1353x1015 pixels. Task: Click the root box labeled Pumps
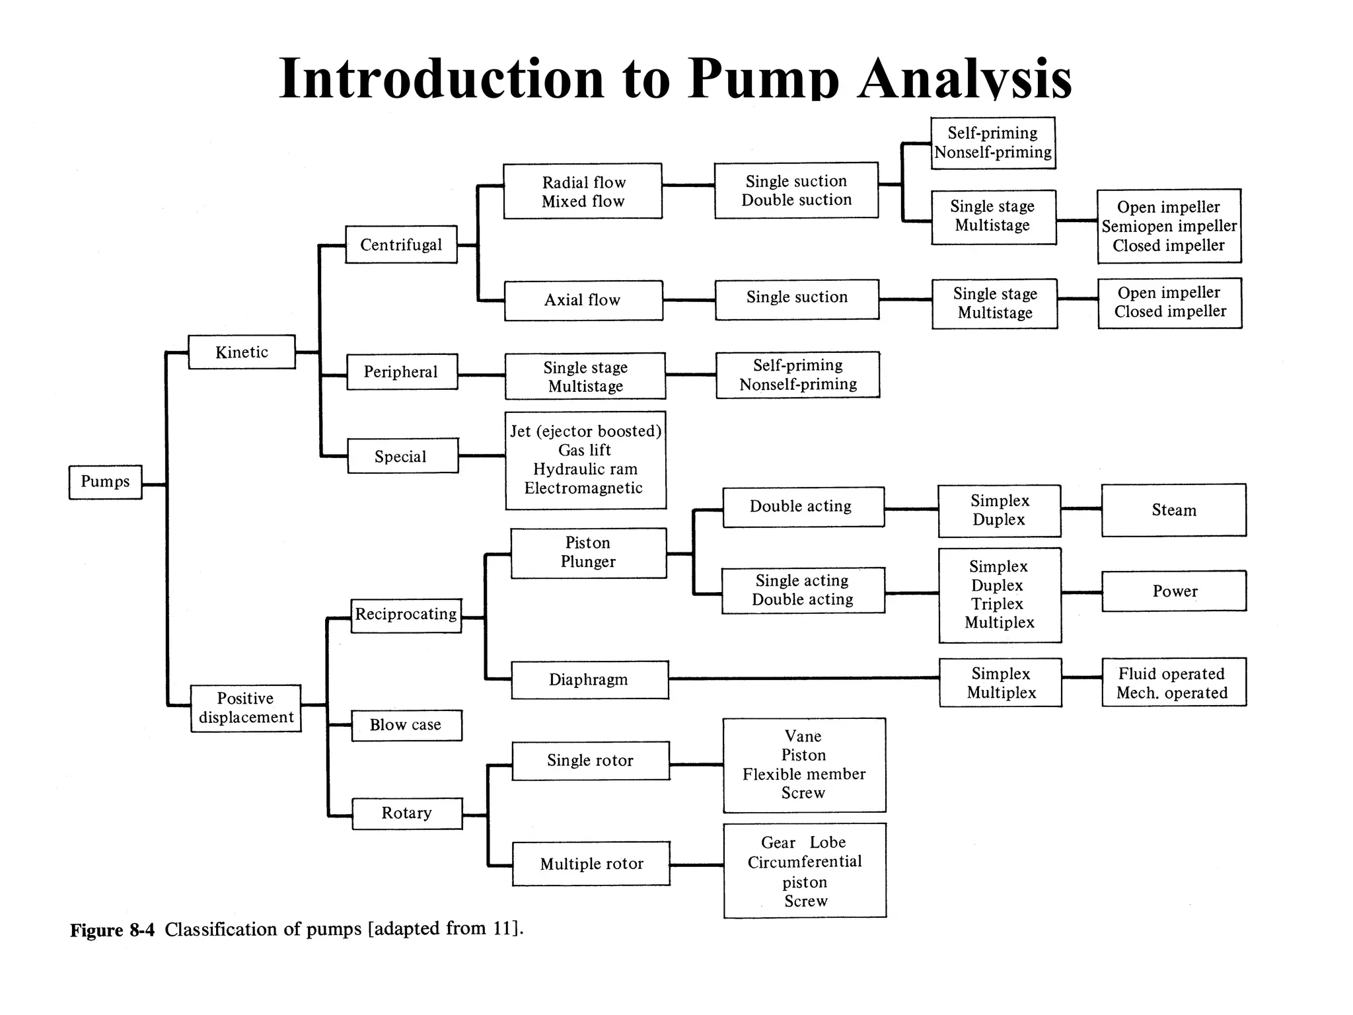[105, 482]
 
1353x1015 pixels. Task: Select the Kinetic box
[242, 352]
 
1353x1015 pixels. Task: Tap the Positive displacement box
[246, 708]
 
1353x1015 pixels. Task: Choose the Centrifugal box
[401, 244]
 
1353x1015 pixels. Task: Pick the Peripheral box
[401, 372]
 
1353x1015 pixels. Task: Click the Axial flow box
[583, 300]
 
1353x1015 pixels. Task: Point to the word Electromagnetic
[583, 488]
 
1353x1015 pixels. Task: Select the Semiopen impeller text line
[1169, 226]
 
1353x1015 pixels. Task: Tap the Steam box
[1174, 510]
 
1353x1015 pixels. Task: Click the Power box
[1174, 591]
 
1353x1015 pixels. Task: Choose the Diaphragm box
[589, 679]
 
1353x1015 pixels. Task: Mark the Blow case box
[406, 725]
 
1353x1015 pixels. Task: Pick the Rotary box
[406, 813]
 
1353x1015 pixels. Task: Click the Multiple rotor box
[591, 864]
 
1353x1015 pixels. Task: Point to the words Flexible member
[804, 774]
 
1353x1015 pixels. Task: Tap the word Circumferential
[805, 862]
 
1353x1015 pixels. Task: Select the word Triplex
[997, 604]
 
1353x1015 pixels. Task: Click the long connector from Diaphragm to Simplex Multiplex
[803, 678]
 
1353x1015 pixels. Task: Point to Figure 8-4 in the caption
[112, 930]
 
